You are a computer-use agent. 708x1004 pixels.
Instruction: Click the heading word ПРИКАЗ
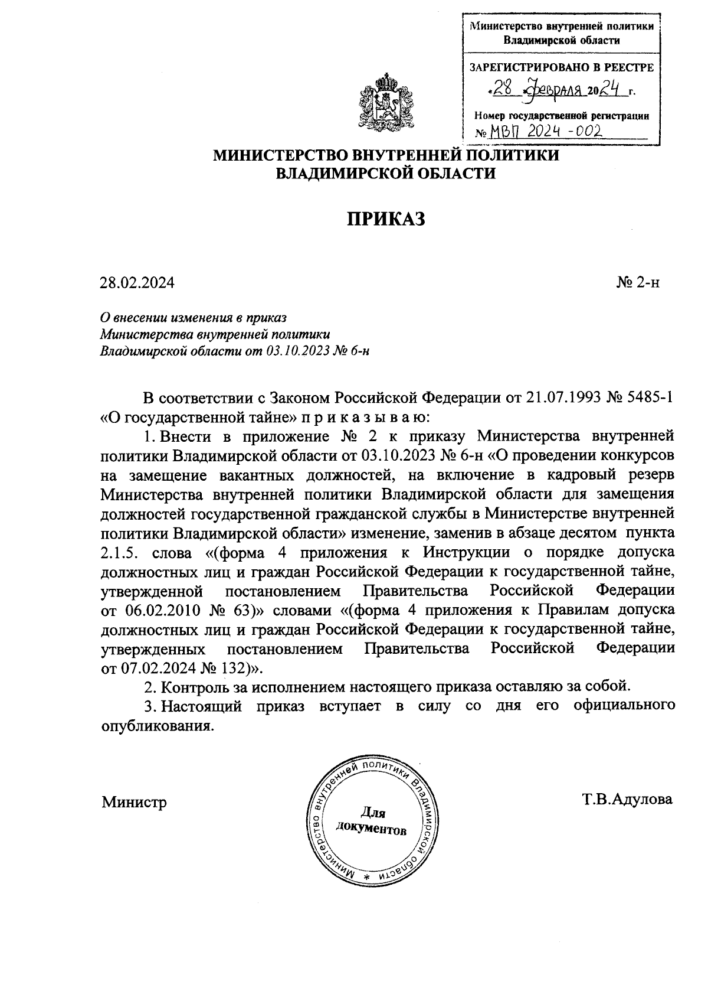(385, 219)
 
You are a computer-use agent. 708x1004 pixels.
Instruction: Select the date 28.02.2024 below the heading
(137, 283)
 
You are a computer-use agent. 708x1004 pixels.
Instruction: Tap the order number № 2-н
(638, 283)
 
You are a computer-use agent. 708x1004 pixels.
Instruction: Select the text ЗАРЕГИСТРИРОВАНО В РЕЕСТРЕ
(561, 67)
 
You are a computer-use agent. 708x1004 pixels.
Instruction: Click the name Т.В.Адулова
(627, 800)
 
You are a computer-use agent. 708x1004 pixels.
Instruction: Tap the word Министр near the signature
(134, 803)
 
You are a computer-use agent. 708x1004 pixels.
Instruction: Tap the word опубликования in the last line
(156, 726)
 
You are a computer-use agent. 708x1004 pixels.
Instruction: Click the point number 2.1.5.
(118, 554)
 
